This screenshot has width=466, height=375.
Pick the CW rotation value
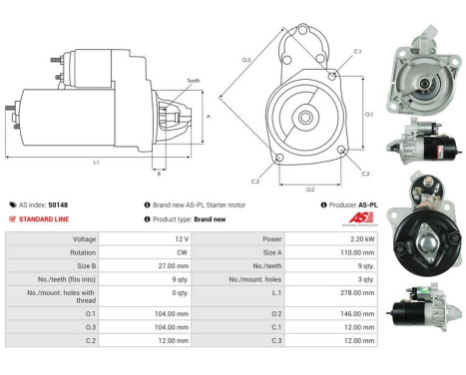coord(182,253)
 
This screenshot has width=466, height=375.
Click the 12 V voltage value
coord(182,239)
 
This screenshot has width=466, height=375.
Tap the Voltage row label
coord(84,239)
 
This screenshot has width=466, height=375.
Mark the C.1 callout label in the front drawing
coord(356,52)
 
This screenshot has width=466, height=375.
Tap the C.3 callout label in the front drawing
coord(255,182)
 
